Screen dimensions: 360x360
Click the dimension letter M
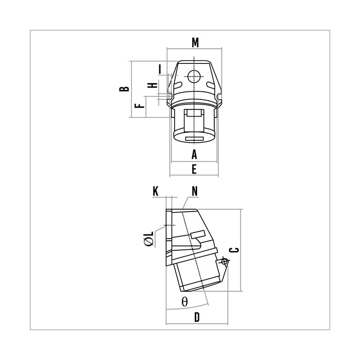(195, 43)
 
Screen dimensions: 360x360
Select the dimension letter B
(124, 89)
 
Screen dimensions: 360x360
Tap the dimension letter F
(139, 106)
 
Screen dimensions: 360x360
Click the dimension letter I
(160, 69)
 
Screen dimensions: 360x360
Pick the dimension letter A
(194, 154)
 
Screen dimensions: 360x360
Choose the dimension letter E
(194, 170)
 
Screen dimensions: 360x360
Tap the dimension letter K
(155, 191)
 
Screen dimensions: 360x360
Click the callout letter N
(194, 191)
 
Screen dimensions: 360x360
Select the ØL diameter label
(148, 238)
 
